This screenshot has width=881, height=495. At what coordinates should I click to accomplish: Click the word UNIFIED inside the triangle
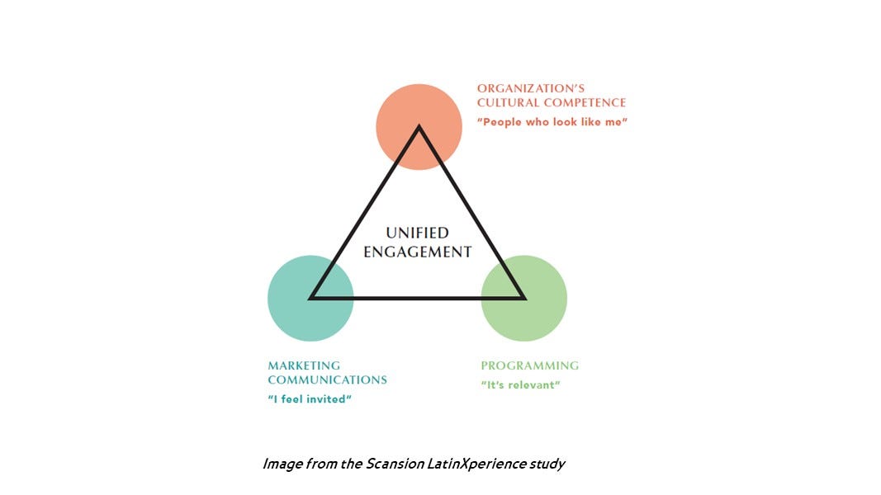418,233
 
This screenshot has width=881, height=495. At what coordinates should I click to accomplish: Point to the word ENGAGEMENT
418,252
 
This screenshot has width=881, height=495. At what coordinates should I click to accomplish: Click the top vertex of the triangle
419,128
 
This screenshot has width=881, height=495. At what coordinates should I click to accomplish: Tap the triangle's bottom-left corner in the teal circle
312,297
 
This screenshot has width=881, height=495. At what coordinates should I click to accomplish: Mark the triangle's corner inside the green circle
523,297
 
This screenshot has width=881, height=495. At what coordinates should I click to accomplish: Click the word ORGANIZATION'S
531,88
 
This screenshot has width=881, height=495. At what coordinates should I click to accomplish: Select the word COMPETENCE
585,103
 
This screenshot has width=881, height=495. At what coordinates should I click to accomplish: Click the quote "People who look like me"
552,122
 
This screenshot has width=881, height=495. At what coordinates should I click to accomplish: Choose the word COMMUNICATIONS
327,380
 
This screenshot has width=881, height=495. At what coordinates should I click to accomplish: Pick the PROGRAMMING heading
530,365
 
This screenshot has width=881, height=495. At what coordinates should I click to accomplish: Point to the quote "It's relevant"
520,385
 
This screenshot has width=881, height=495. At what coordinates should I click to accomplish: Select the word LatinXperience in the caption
471,464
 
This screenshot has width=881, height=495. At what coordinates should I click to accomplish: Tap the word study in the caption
547,464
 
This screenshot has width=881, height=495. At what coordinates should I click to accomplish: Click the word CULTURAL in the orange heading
506,103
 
